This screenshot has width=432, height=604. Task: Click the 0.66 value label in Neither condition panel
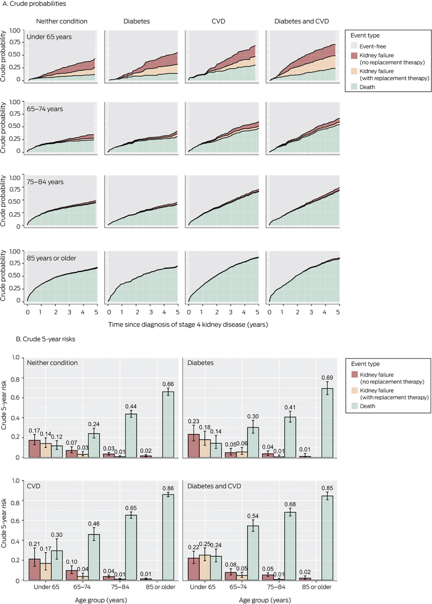click(168, 384)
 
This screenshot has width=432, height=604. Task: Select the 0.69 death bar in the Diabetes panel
click(327, 423)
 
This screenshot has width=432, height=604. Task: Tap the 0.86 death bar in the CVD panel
click(168, 537)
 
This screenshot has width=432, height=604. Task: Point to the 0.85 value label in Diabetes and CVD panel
click(327, 488)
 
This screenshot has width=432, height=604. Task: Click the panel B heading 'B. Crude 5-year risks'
click(45, 339)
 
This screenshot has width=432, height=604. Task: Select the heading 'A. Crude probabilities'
click(35, 4)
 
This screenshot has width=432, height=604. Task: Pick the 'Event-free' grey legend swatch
click(354, 46)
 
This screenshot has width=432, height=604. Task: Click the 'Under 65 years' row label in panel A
click(49, 37)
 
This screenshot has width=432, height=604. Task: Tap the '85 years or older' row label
click(52, 258)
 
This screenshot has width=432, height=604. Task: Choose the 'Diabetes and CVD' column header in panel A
click(302, 21)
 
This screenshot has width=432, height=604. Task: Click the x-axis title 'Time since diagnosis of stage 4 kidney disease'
click(188, 324)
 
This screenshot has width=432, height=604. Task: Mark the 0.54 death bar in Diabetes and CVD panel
click(253, 552)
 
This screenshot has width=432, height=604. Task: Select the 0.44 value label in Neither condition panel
click(131, 406)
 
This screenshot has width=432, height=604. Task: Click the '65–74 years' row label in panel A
click(45, 109)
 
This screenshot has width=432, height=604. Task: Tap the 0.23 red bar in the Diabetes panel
click(194, 445)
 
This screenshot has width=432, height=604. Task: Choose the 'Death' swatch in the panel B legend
click(354, 406)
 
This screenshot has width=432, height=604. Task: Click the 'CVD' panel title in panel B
click(34, 486)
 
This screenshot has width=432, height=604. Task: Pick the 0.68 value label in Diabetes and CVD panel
click(290, 504)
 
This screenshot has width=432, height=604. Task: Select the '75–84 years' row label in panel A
click(45, 182)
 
